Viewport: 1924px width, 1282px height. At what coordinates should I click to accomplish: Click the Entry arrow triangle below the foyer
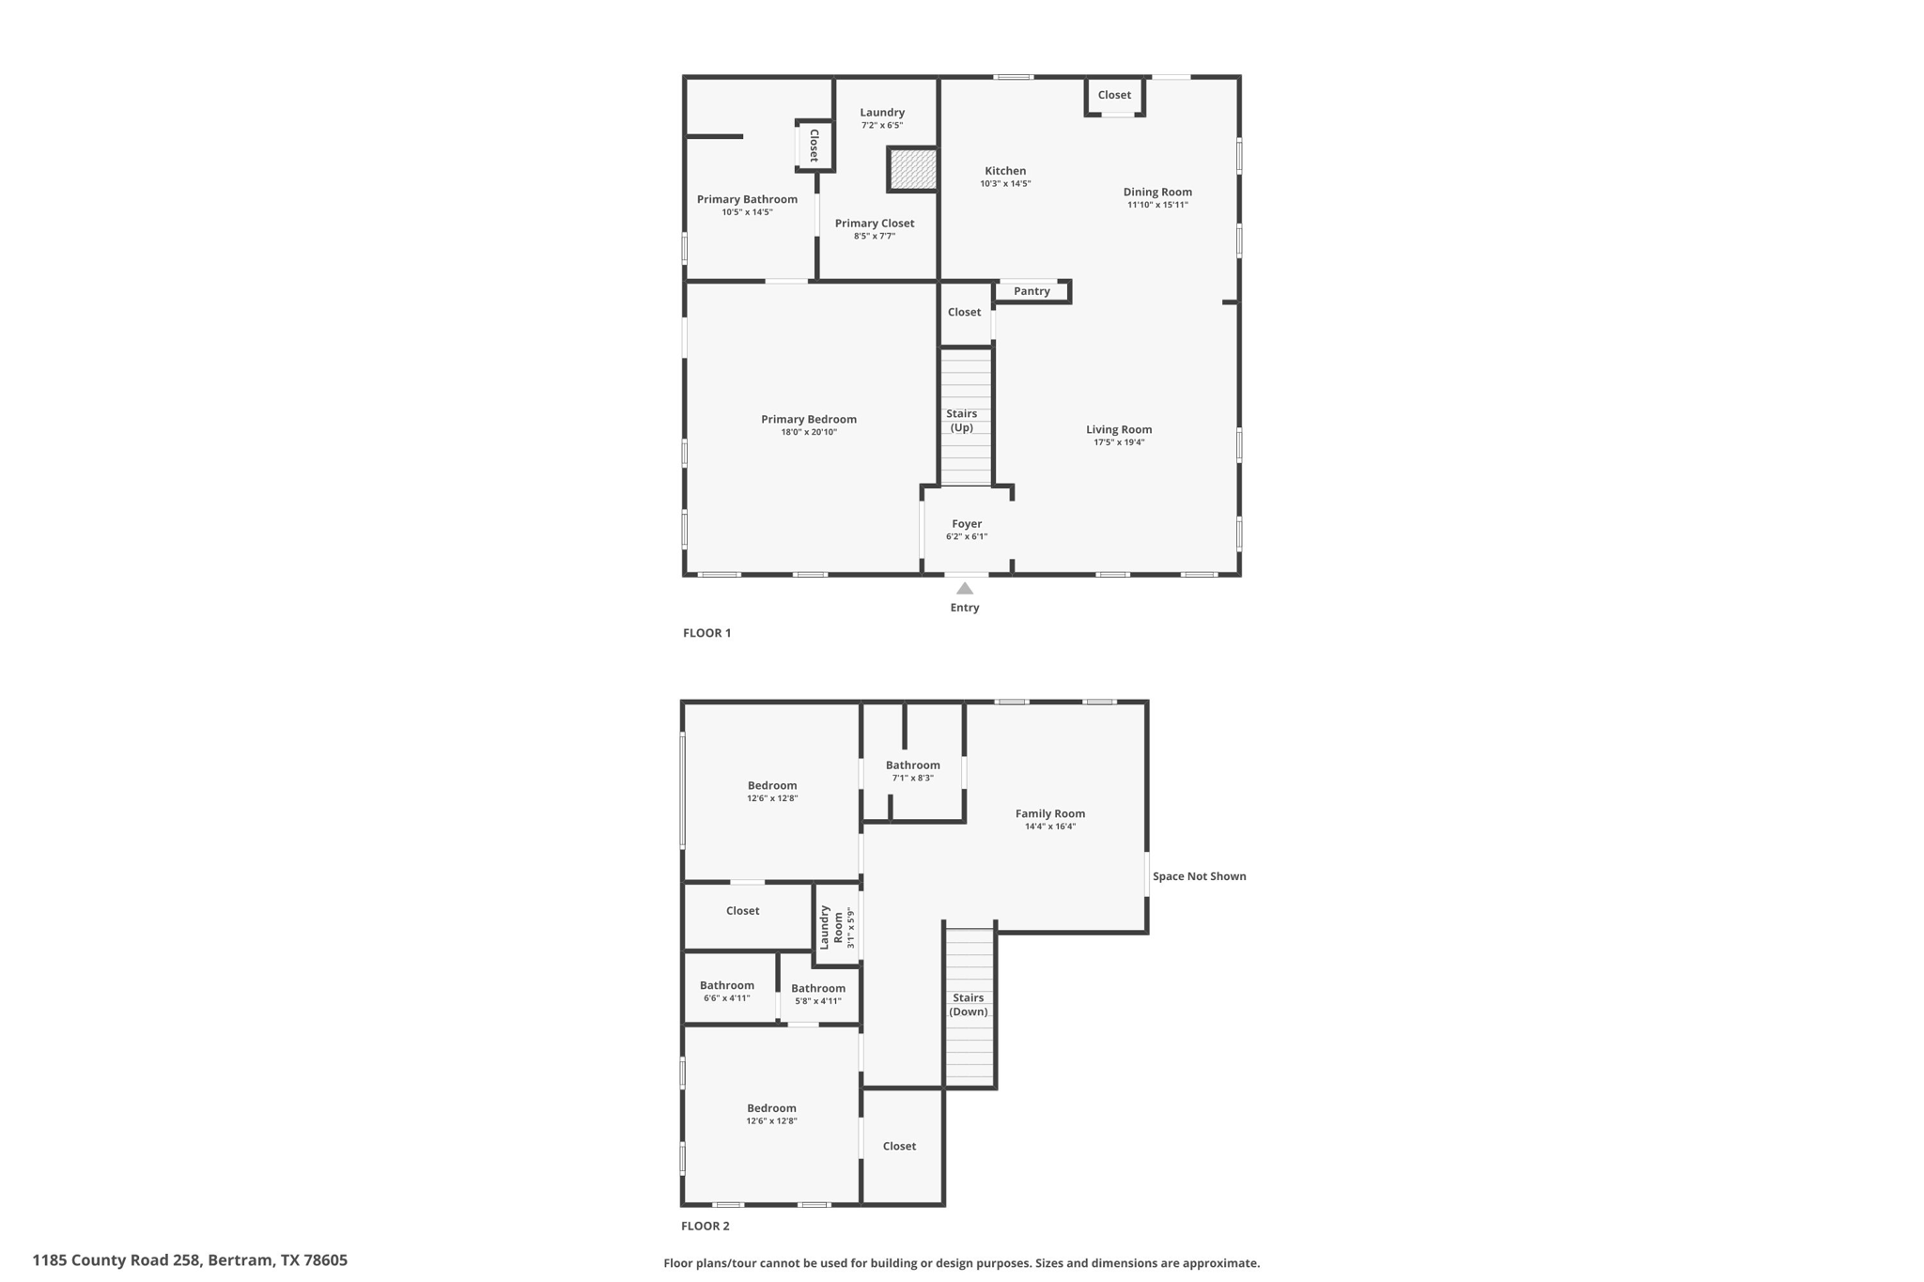(x=965, y=589)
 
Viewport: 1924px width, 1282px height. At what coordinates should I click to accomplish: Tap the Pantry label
(x=1032, y=291)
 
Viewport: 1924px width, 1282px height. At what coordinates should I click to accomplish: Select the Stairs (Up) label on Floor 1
(x=961, y=421)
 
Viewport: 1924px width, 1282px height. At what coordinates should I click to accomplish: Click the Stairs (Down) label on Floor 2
(x=968, y=1005)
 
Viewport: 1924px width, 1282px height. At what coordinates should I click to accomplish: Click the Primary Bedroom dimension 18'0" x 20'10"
(x=809, y=432)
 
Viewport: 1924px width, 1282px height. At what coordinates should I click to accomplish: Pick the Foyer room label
(x=967, y=524)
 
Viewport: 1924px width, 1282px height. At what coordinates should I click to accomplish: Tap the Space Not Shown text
(x=1199, y=876)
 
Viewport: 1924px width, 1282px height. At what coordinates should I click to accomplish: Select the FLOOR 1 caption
(x=706, y=633)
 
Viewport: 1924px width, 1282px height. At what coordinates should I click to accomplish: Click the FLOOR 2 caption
(x=705, y=1226)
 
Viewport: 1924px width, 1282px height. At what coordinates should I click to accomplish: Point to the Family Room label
(x=1050, y=814)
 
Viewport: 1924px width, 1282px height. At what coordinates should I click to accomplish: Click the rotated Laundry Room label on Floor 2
(x=831, y=926)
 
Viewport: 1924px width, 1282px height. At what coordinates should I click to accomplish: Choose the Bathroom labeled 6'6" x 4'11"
(x=726, y=986)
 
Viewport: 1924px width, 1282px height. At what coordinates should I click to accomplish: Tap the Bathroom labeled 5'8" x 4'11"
(x=817, y=989)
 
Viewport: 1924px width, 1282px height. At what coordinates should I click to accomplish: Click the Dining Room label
(x=1157, y=192)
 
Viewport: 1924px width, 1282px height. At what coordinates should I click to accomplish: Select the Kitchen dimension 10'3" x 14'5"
(x=1005, y=184)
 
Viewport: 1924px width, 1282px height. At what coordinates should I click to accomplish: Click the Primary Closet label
(x=874, y=224)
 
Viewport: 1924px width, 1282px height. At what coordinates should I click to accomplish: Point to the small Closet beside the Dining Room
(x=1114, y=95)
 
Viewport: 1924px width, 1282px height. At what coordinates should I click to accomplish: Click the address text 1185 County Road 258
(x=190, y=1260)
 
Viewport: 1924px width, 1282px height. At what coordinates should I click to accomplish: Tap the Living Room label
(x=1119, y=430)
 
